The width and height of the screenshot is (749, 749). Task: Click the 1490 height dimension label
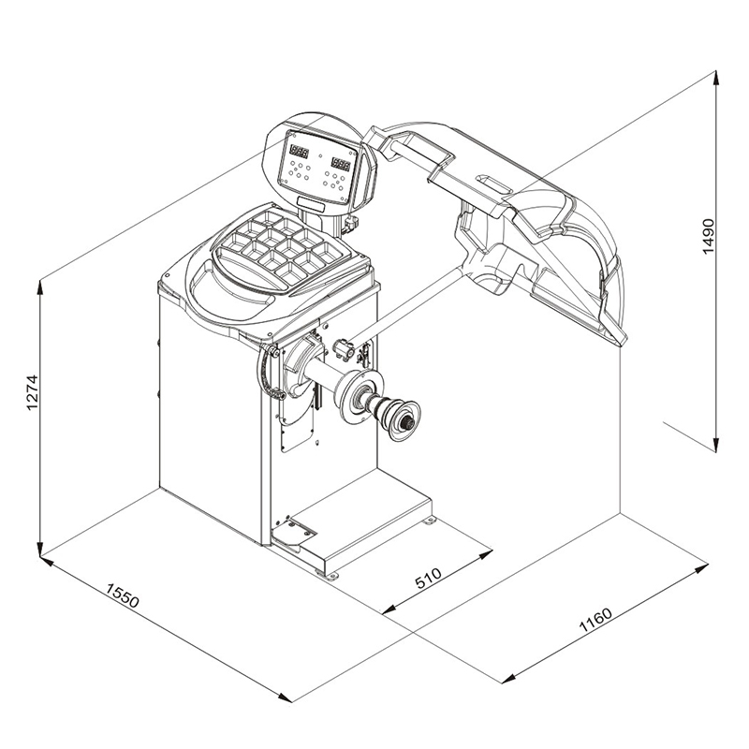[x=709, y=238]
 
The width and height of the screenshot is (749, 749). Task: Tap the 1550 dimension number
[x=122, y=595]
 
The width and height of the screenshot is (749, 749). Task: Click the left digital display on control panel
[x=301, y=151]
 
